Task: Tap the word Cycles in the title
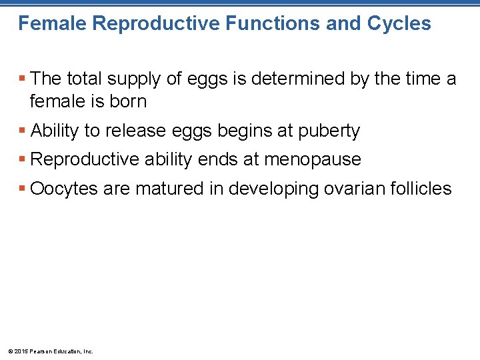coord(399,24)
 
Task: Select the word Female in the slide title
coord(52,24)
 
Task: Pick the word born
coord(128,101)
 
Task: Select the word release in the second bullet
coord(137,131)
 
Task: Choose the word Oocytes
coord(64,189)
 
